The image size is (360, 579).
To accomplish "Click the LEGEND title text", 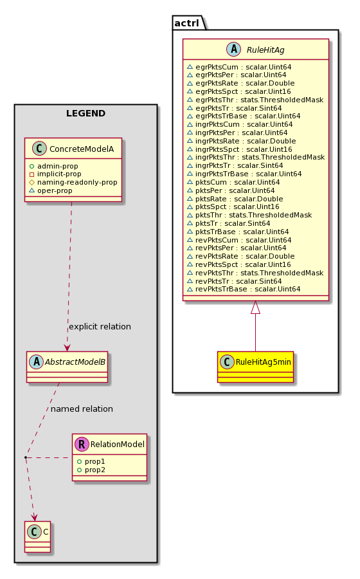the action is pyautogui.click(x=85, y=113).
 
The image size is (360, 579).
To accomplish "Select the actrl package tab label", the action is pyautogui.click(x=186, y=23).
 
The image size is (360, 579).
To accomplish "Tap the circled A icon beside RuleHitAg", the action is pyautogui.click(x=234, y=50).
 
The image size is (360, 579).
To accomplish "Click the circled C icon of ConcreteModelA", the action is pyautogui.click(x=39, y=149).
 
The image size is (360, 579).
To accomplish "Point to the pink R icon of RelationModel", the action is pyautogui.click(x=82, y=444).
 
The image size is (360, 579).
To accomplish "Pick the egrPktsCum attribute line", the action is pyautogui.click(x=239, y=67).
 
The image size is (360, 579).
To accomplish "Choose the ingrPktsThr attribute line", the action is pyautogui.click(x=256, y=158).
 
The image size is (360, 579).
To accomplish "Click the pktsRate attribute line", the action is pyautogui.click(x=235, y=199).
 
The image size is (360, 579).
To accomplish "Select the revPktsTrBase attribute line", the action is pyautogui.click(x=244, y=289).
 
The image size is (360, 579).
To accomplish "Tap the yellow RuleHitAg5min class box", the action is pyautogui.click(x=256, y=367).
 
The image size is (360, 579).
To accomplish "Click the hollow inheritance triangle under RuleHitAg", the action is pyautogui.click(x=255, y=308).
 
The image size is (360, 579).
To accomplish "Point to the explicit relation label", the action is pyautogui.click(x=100, y=327).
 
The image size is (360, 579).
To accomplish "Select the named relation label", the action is pyautogui.click(x=82, y=409).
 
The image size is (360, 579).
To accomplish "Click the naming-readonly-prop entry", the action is pyautogui.click(x=73, y=183).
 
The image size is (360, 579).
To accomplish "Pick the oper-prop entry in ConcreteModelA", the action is pyautogui.click(x=51, y=191).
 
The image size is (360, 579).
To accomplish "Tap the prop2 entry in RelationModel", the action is pyautogui.click(x=91, y=470).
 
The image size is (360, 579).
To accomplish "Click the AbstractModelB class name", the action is pyautogui.click(x=75, y=362).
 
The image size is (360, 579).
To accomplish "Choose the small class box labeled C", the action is pyautogui.click(x=38, y=537).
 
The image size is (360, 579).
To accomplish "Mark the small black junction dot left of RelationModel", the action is pyautogui.click(x=26, y=458).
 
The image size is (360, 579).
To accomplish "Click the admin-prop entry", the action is pyautogui.click(x=54, y=166).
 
